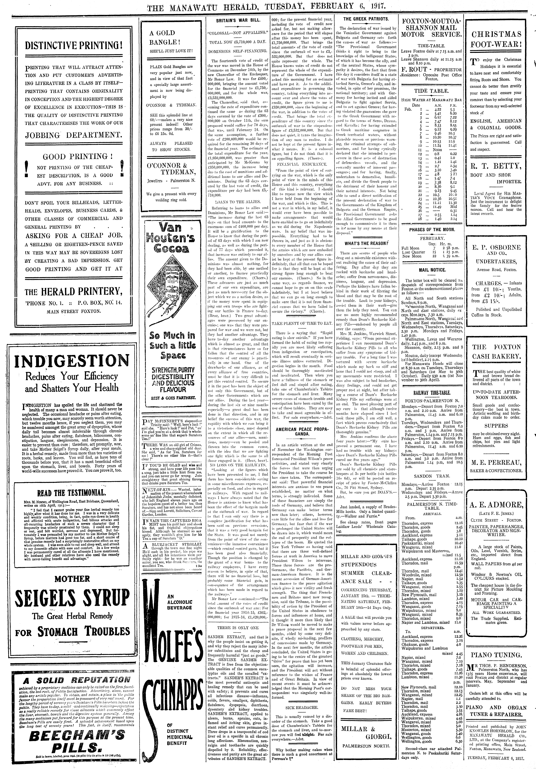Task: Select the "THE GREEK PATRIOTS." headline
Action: coord(366,19)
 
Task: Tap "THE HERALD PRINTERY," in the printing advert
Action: coord(73,290)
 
